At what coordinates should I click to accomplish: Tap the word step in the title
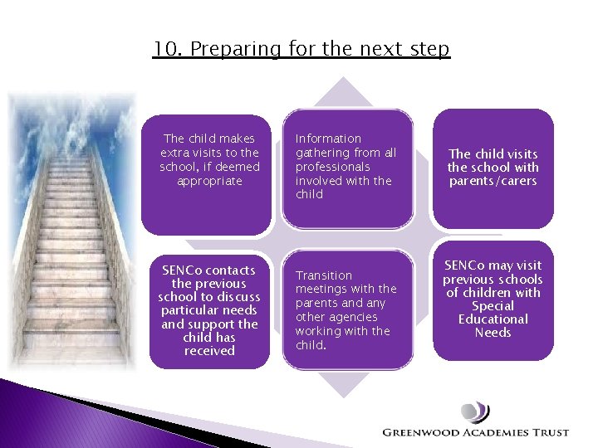(x=429, y=50)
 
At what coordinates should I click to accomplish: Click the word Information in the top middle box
(x=328, y=139)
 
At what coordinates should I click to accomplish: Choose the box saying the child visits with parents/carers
(x=493, y=168)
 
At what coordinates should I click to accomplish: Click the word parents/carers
(x=493, y=181)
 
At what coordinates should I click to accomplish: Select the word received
(x=209, y=351)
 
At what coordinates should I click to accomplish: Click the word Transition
(x=324, y=275)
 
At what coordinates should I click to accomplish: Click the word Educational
(x=493, y=319)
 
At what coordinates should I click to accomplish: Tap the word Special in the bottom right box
(x=493, y=306)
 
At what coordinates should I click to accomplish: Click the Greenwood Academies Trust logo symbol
(x=475, y=412)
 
